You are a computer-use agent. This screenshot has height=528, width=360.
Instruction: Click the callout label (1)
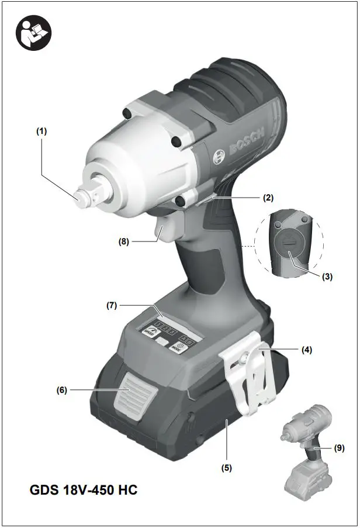point(41,132)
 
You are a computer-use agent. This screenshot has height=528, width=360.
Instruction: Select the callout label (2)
point(268,198)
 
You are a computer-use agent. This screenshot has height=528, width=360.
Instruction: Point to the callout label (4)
point(306,350)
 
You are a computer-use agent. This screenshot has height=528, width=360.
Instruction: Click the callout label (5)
point(226,467)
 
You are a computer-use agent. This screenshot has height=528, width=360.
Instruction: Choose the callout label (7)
point(112,305)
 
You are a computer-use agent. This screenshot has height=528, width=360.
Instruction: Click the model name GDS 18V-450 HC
point(84,490)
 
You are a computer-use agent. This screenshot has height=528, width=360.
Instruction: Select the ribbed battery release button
point(134,401)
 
